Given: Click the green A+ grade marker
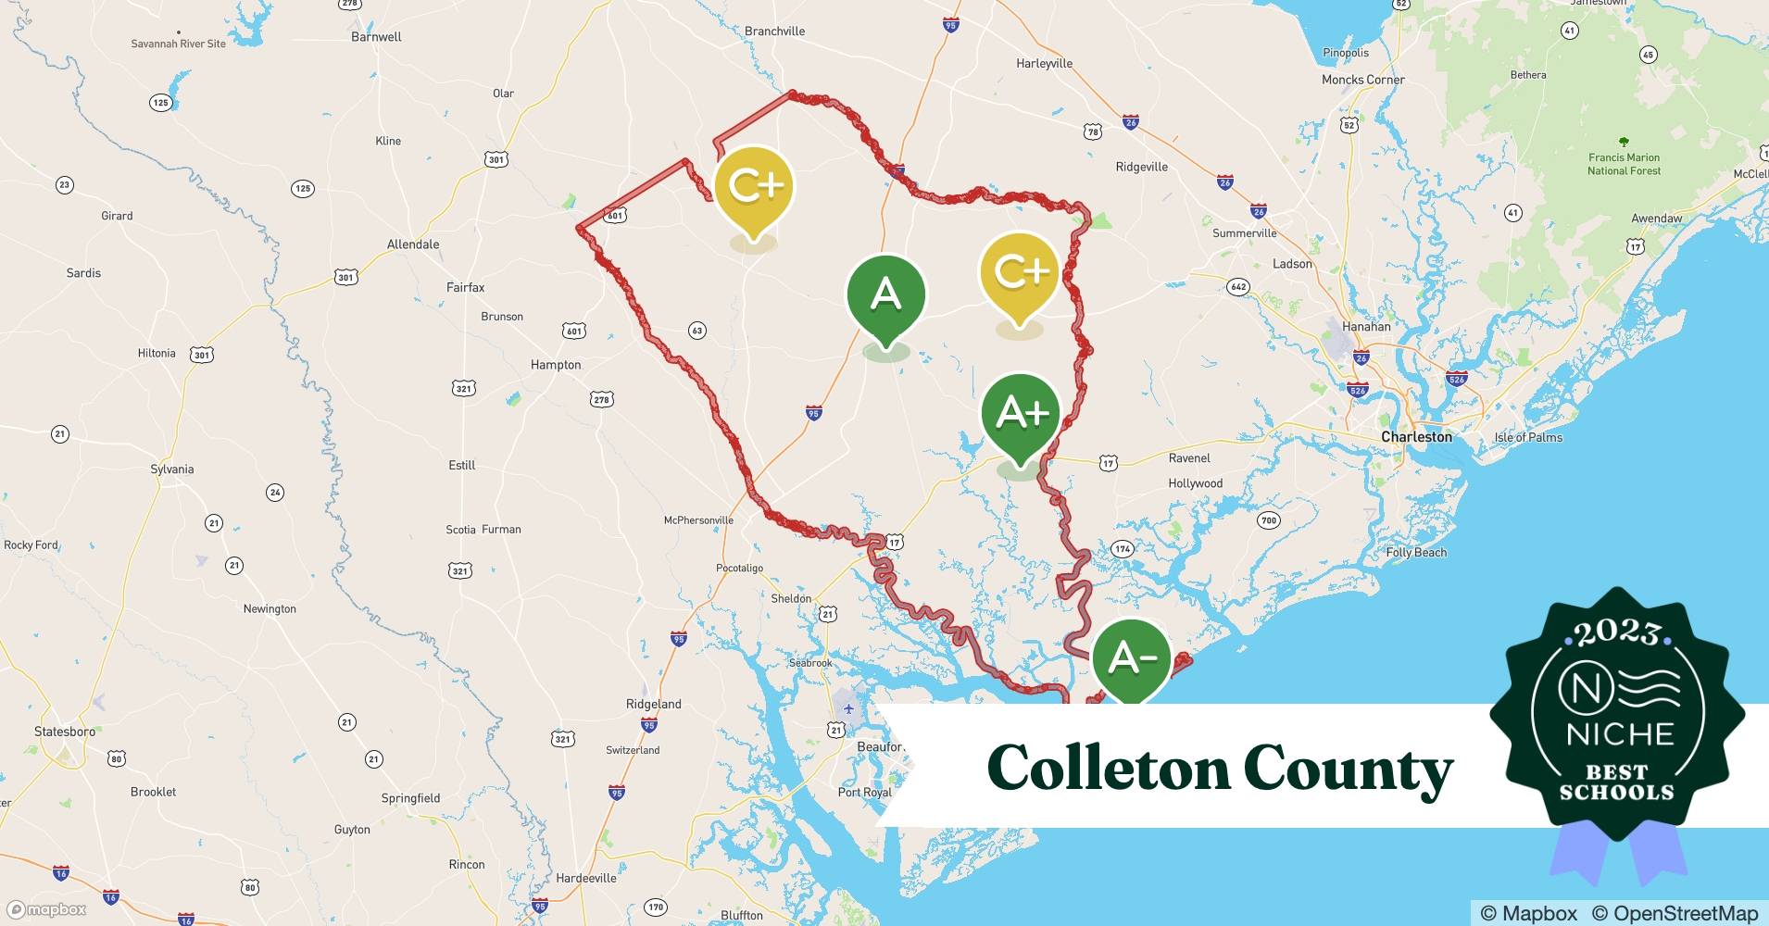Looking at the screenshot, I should point(1021,414).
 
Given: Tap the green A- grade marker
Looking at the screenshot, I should point(1131,658).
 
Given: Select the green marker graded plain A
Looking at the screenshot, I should point(886,295).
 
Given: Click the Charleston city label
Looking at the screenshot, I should point(1416,436).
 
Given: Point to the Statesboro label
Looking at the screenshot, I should point(65,732).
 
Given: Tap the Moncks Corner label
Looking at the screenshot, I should point(1362,80).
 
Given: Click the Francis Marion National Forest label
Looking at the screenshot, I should point(1624,164).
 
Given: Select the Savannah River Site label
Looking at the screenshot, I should point(178,44).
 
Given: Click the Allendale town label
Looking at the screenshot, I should point(413,244).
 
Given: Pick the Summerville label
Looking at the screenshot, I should point(1244,233).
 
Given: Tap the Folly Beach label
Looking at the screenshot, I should point(1416,553).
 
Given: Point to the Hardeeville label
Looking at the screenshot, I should point(585,878).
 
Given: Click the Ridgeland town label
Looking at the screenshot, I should point(653,704).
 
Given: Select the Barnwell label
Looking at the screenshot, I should point(376,37).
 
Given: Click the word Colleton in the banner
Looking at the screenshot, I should point(1107,768).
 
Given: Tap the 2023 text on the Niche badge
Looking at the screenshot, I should point(1617,632).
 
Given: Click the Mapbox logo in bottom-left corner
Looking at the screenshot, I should point(46,909).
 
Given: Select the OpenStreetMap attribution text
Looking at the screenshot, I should point(1675,913).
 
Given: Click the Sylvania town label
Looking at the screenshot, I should point(172,469).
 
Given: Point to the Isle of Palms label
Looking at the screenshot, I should point(1528,437).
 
